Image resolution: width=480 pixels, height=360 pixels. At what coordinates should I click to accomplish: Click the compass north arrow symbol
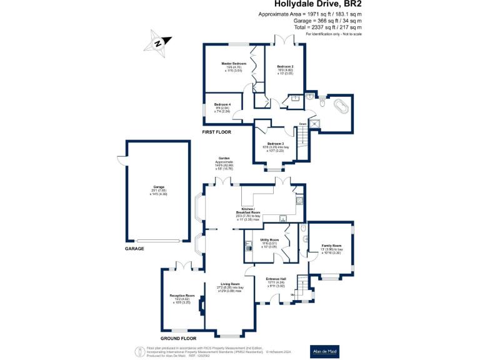coord(159,42)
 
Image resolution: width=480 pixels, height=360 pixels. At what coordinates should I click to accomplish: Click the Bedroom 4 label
coord(222,104)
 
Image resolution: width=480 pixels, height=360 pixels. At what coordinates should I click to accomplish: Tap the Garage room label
coord(158,187)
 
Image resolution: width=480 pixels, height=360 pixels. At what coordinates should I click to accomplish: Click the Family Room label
coord(331,245)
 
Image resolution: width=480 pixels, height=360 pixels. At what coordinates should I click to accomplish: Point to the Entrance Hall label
coord(276,279)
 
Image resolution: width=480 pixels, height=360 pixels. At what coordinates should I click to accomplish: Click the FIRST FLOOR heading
coord(216,132)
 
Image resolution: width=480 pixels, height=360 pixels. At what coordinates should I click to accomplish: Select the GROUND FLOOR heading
coord(179,337)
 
